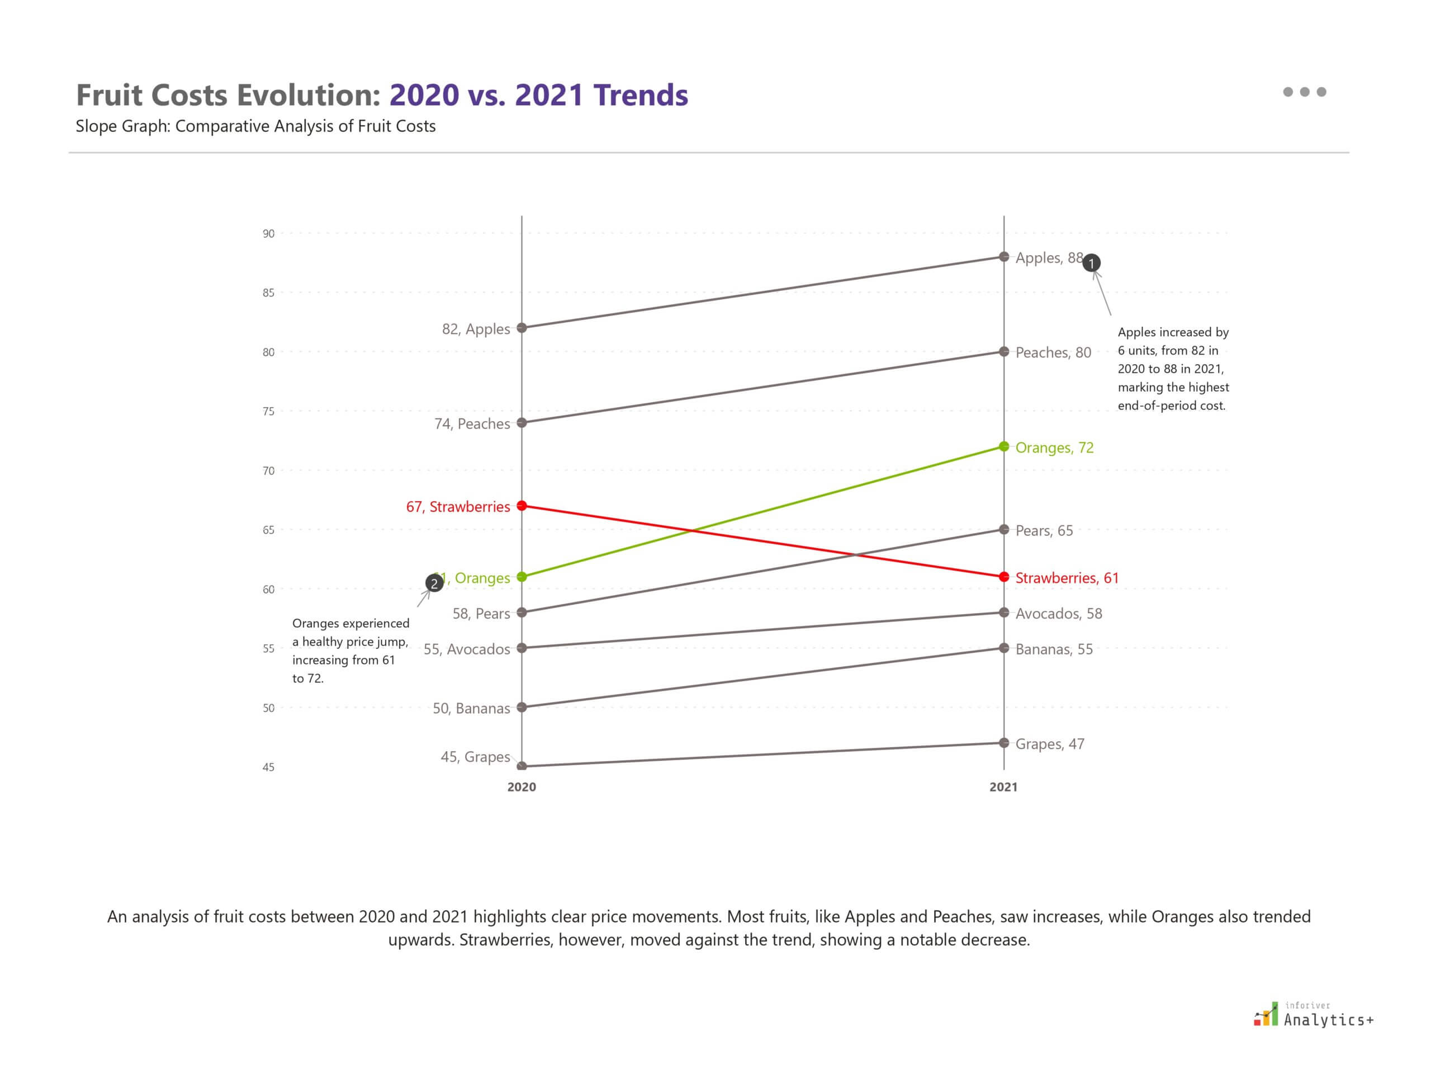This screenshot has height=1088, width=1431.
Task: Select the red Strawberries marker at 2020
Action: tap(522, 506)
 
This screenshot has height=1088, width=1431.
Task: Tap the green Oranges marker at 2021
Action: tap(1004, 447)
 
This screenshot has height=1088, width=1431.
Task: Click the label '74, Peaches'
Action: tap(472, 423)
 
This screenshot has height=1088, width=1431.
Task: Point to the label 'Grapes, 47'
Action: tap(1049, 744)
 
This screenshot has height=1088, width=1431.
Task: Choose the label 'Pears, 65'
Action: tap(1043, 530)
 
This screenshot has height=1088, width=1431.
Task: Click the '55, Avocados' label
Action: tap(467, 649)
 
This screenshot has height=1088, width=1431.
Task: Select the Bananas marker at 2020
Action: tap(522, 707)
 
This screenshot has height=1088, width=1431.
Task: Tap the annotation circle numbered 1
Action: tap(1091, 263)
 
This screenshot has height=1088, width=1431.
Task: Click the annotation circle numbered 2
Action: tap(434, 583)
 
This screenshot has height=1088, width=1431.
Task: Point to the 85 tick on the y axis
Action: tap(268, 293)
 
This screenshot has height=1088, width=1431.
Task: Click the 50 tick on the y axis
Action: tap(268, 708)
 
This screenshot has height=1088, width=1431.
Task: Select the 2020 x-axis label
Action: tap(522, 787)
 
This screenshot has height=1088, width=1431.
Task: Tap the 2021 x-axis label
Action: tap(1003, 787)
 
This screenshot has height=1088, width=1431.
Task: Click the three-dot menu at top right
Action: tap(1304, 92)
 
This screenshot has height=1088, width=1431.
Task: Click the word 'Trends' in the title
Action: tap(640, 95)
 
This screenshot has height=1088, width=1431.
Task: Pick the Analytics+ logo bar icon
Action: tap(1267, 1015)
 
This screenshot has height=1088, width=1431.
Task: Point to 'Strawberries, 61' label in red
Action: tap(1067, 578)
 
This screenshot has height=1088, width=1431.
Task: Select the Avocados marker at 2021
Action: tap(1004, 613)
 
